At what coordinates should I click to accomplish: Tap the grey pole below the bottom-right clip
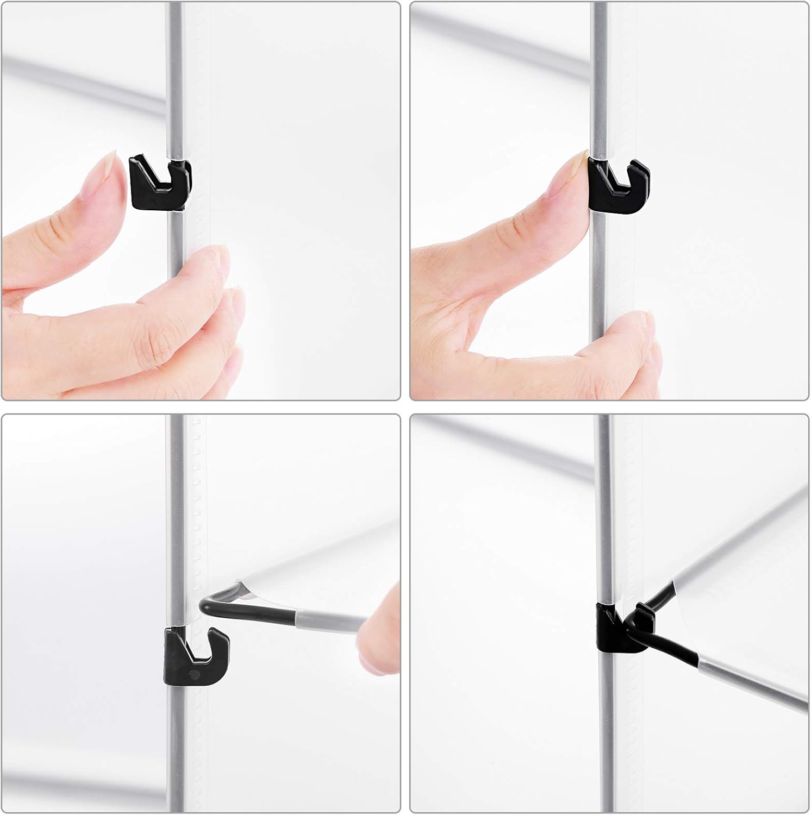[x=604, y=733]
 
